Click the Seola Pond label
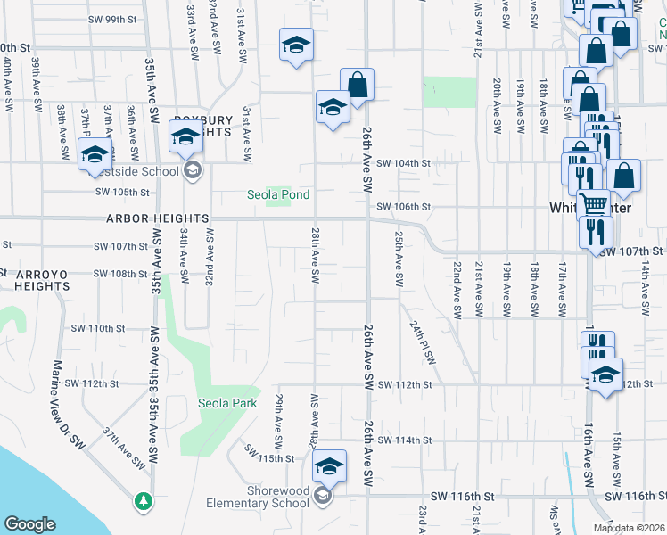[x=278, y=194]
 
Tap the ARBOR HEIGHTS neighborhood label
[x=158, y=218]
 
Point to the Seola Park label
[x=227, y=403]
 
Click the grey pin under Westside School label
[x=190, y=171]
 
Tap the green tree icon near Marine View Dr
[x=143, y=502]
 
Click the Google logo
[x=29, y=524]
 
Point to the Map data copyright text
[x=630, y=528]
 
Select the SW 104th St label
[x=403, y=163]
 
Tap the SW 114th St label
[x=404, y=440]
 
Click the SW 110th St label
[x=98, y=328]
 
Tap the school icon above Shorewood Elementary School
[x=328, y=465]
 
